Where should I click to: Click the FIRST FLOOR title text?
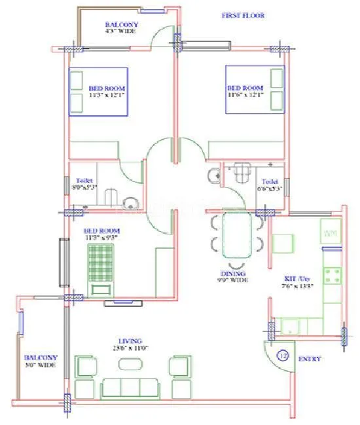click(243, 15)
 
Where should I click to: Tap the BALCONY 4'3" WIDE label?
click(121, 27)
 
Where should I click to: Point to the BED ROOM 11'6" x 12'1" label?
click(245, 91)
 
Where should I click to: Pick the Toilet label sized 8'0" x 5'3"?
click(84, 184)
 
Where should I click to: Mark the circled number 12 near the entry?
click(283, 356)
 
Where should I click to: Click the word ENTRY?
click(309, 360)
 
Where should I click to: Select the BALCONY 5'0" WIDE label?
click(41, 361)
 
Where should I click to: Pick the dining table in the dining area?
click(236, 234)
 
